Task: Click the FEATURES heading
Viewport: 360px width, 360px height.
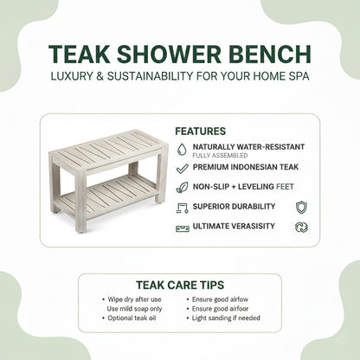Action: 200,132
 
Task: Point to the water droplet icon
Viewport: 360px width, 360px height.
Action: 181,148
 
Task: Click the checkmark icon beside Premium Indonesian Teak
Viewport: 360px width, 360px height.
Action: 181,167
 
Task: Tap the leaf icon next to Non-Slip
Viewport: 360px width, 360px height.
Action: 181,186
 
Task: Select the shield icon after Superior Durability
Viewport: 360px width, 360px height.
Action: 301,207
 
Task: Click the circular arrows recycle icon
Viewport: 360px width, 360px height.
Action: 301,228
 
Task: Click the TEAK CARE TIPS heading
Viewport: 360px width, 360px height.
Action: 179,284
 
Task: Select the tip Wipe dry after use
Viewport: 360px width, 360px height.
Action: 132,299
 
